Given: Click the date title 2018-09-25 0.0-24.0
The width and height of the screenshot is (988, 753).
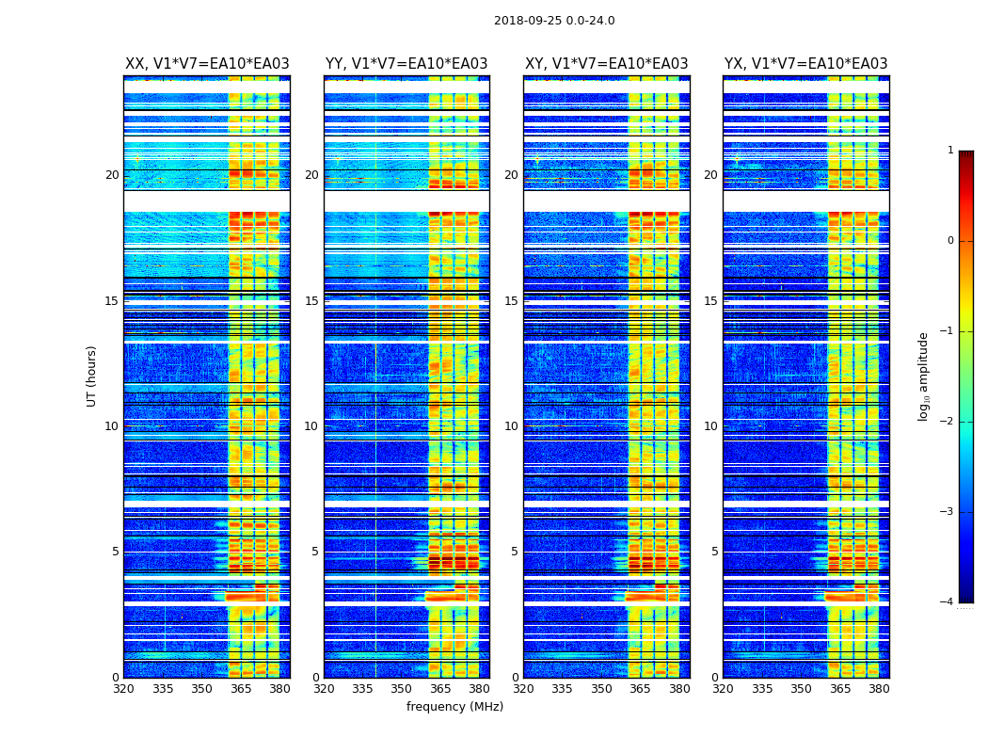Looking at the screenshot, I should (x=554, y=21).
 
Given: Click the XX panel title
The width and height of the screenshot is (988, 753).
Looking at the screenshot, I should (x=207, y=64).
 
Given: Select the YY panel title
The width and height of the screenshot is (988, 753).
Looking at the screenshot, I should (x=406, y=64).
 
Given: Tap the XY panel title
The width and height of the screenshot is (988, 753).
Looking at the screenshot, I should (x=606, y=64).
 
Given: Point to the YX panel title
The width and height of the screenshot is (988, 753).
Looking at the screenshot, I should (x=805, y=64).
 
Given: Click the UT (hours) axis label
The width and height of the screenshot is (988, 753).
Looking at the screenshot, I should (x=92, y=376).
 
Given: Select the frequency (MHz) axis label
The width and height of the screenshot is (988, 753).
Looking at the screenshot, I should (x=454, y=707).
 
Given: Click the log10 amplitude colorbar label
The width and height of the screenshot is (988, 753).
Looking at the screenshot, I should (x=924, y=376).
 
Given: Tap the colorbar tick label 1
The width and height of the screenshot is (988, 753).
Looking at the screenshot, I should (x=950, y=151).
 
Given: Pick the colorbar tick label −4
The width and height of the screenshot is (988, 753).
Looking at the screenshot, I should (x=948, y=602).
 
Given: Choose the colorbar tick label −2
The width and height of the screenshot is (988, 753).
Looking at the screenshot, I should (x=948, y=422).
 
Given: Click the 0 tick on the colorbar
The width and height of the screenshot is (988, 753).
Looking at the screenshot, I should (x=950, y=241).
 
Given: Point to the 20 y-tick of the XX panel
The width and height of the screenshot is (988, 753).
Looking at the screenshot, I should (x=112, y=175).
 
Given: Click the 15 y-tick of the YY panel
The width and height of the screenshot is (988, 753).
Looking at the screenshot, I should (x=311, y=301).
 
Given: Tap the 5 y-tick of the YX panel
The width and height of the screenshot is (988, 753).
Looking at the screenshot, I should (x=714, y=552).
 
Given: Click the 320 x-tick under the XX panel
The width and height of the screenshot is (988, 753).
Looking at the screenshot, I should (x=123, y=689).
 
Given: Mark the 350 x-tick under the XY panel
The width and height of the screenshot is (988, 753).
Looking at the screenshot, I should (x=601, y=689).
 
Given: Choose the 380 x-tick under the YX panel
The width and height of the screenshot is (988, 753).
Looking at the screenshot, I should (x=879, y=689).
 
